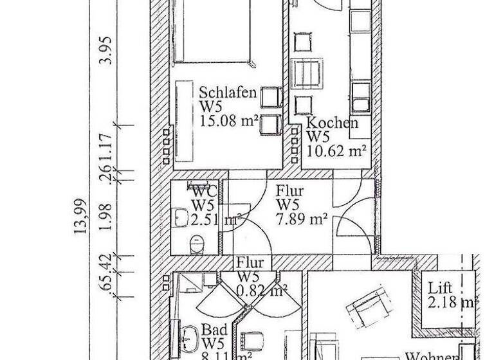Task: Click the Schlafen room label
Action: [228, 92]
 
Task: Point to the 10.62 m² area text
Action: [336, 151]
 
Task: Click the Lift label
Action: [441, 288]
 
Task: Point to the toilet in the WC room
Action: [197, 243]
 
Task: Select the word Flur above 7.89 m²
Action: [290, 191]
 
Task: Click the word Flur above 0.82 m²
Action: [249, 262]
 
